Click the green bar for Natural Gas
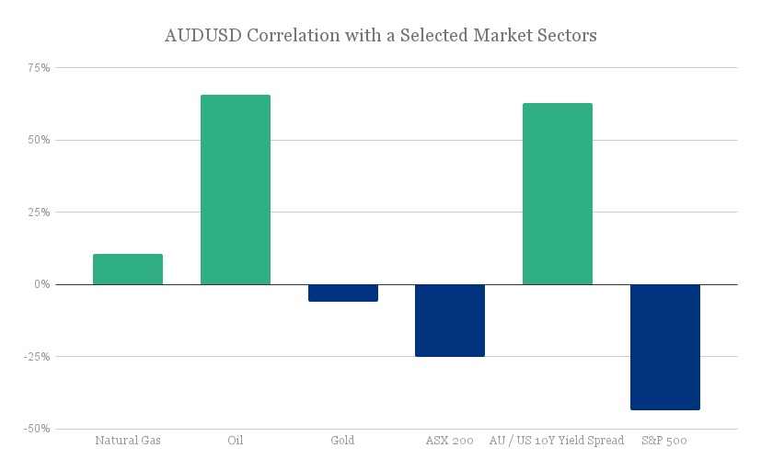128,270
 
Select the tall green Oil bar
236,190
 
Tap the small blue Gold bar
342,293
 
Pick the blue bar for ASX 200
450,320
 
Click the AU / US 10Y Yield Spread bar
557,194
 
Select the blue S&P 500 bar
664,347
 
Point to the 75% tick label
39,68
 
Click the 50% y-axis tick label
39,140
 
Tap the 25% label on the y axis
39,213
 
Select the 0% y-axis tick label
42,284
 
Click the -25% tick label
37,357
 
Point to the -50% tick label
37,429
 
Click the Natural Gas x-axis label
128,441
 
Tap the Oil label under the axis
236,441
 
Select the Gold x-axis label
342,441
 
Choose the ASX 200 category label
450,441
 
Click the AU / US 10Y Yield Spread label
557,441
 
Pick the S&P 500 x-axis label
664,441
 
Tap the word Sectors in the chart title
564,36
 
